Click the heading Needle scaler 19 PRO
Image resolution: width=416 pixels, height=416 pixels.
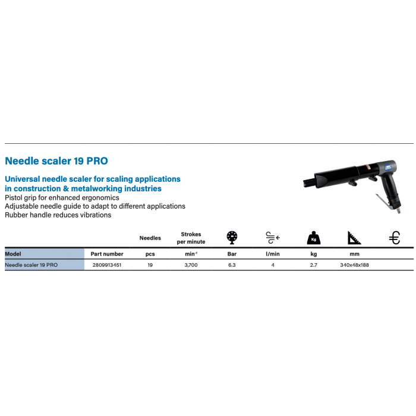[x=56, y=161]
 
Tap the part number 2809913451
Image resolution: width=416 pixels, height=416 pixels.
[x=107, y=265]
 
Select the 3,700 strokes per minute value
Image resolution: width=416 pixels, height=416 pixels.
[x=191, y=265]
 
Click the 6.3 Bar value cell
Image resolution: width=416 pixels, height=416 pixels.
[x=232, y=265]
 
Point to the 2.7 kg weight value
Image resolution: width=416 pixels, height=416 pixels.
[x=314, y=265]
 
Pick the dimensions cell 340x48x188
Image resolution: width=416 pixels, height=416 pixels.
[x=354, y=265]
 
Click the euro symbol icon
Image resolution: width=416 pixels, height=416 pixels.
[x=395, y=238]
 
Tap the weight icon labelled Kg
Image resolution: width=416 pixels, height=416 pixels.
[x=314, y=238]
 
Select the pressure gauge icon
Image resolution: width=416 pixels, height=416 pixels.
[x=232, y=238]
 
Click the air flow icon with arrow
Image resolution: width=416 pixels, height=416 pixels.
[x=273, y=238]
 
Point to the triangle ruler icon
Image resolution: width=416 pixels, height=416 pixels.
[x=354, y=238]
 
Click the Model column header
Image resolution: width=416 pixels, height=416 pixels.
[x=13, y=254]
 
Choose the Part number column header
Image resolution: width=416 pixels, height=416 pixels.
[x=107, y=254]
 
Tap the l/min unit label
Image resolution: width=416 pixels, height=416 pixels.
[x=273, y=254]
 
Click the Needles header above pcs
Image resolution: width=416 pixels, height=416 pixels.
[x=150, y=238]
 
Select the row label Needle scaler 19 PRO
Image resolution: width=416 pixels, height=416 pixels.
[x=31, y=265]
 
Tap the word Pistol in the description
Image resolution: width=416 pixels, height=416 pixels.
[x=13, y=198]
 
